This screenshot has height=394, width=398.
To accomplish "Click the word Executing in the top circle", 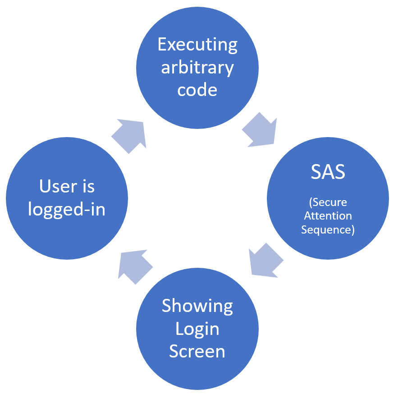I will pyautogui.click(x=197, y=45).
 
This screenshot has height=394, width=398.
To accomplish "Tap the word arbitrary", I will pyautogui.click(x=197, y=68).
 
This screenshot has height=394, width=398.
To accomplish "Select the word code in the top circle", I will pyautogui.click(x=197, y=90).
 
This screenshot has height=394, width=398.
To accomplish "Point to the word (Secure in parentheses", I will pyautogui.click(x=328, y=202).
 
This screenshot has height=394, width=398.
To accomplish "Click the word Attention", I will pyautogui.click(x=328, y=216).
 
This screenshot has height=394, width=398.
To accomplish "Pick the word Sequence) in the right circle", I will pyautogui.click(x=328, y=230).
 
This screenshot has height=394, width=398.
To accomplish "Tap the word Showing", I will pyautogui.click(x=197, y=306).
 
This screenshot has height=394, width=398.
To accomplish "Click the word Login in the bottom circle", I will pyautogui.click(x=197, y=329).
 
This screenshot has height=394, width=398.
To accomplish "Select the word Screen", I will pyautogui.click(x=197, y=351).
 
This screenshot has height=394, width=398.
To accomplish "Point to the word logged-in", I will pyautogui.click(x=67, y=210).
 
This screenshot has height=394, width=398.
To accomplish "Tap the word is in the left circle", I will pyautogui.click(x=88, y=186).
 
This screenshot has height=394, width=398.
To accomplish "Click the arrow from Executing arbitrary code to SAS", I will pyautogui.click(x=261, y=131).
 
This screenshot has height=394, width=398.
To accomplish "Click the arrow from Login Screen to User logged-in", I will pyautogui.click(x=134, y=266).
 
